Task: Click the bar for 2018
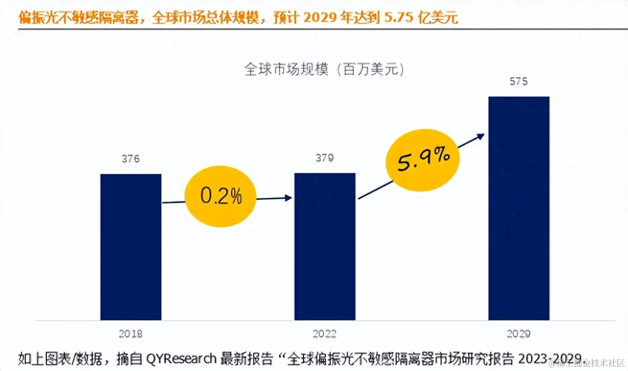[x=130, y=247]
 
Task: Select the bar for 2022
[x=325, y=247]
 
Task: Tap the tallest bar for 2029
[x=519, y=208]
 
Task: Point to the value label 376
[x=130, y=159]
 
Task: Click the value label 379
[x=325, y=158]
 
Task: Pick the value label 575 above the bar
[x=519, y=81]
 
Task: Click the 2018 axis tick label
[x=130, y=334]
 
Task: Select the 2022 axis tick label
[x=325, y=334]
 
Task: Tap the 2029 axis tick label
[x=519, y=334]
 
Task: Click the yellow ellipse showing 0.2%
[x=221, y=196]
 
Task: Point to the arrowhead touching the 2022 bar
[x=288, y=197]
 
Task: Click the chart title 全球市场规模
[x=286, y=70]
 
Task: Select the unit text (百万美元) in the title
[x=370, y=70]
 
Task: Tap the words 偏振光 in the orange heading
[x=39, y=18]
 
